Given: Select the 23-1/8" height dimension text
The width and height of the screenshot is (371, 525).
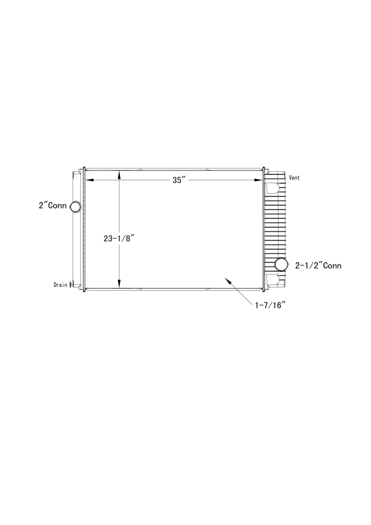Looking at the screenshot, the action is (119, 239).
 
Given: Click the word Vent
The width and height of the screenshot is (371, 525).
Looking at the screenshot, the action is (294, 178).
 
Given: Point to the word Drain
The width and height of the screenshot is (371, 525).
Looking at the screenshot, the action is (60, 285).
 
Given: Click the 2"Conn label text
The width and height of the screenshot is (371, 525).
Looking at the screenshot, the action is (53, 206).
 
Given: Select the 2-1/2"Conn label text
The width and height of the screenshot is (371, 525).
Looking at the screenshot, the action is (318, 266).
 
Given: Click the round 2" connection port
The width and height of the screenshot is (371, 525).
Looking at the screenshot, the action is (75, 207).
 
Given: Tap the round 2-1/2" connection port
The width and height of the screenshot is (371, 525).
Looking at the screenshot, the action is (281, 264).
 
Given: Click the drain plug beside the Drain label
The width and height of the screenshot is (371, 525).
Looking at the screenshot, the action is (70, 284).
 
